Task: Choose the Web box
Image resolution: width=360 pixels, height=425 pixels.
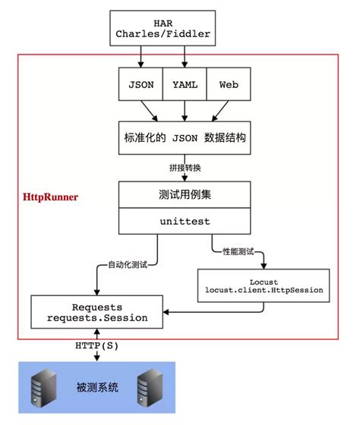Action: [x=227, y=85]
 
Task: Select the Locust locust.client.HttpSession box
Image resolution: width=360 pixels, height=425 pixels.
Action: [x=262, y=285]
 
